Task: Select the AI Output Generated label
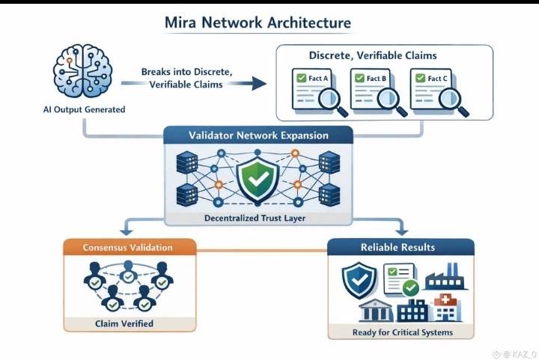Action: (x=85, y=110)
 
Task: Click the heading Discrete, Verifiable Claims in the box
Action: (x=373, y=56)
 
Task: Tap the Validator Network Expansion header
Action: (x=258, y=136)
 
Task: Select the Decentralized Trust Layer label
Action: (x=258, y=219)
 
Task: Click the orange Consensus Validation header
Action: (x=128, y=248)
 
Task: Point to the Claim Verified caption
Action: (x=128, y=323)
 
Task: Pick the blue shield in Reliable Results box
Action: (x=356, y=279)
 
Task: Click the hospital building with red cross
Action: (x=448, y=308)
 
